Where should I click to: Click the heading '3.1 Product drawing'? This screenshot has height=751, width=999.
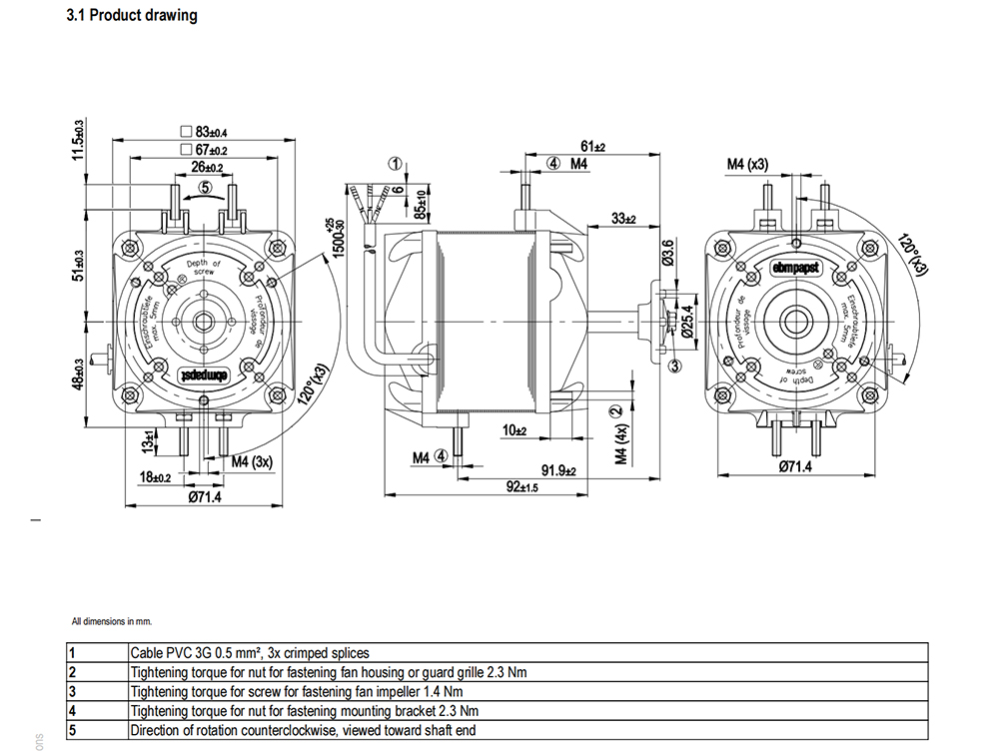pos(131,16)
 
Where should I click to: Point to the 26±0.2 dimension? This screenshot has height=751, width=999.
pos(207,167)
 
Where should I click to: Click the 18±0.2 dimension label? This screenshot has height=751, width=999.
pos(155,478)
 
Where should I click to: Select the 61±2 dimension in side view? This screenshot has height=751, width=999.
pos(592,146)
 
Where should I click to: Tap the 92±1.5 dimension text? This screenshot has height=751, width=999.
pos(518,487)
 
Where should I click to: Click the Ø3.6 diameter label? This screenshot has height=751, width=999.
pos(668,253)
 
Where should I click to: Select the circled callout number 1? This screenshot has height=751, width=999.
pos(396,164)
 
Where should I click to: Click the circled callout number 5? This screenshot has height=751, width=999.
pos(205,187)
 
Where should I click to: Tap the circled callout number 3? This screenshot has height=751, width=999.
pos(675,367)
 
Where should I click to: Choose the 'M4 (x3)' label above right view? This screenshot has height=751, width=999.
pos(747,164)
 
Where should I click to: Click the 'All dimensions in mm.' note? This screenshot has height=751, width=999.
pos(110,620)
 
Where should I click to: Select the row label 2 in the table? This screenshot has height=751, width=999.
pos(72,672)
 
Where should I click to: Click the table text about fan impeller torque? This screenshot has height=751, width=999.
pos(297,691)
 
